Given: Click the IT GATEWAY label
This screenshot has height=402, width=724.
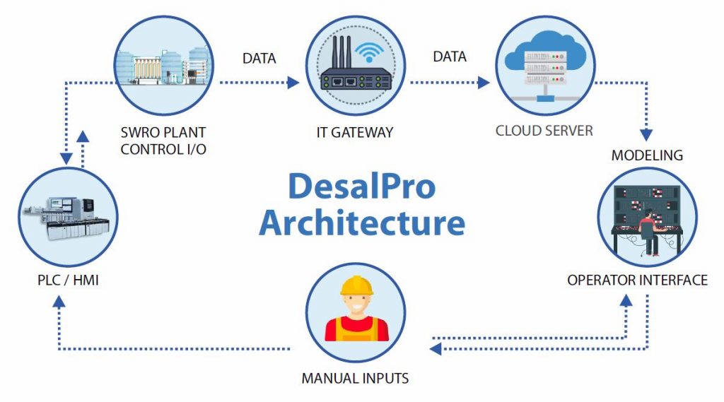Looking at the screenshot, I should [x=355, y=132].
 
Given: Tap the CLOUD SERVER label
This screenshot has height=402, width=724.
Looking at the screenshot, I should [x=544, y=131].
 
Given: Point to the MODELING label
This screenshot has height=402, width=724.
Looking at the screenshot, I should [x=647, y=155].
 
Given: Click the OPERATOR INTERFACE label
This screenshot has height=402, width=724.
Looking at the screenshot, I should [x=637, y=280].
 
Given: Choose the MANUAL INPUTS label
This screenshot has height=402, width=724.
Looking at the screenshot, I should [x=355, y=378].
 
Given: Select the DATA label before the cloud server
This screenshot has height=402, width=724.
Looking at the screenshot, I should [x=450, y=57].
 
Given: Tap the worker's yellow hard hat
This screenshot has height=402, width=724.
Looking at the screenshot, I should [x=356, y=286].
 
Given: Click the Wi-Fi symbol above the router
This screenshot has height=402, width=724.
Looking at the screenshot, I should [x=369, y=50].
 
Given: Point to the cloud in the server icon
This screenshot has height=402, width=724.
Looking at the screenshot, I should [x=544, y=41].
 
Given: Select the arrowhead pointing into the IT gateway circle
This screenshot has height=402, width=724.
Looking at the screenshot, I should [x=293, y=83].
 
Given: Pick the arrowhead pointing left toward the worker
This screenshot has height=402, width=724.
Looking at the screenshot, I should [x=437, y=348].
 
